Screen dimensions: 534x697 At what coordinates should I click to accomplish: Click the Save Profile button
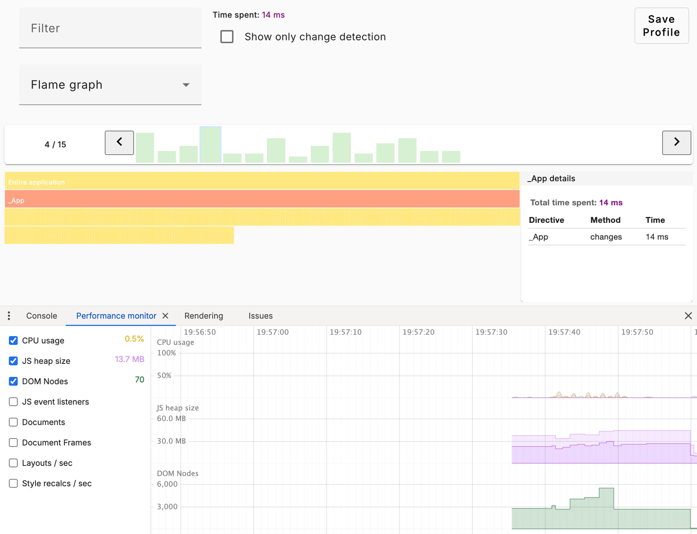[x=661, y=26]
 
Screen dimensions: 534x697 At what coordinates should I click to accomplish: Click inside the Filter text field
[x=110, y=28]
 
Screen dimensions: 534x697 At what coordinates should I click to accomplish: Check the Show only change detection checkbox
[x=227, y=37]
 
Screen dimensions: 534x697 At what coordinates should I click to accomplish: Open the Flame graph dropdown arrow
[x=186, y=85]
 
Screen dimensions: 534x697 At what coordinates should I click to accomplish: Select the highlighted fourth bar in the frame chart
[x=210, y=145]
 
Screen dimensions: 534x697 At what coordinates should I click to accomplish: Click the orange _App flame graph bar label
[x=16, y=200]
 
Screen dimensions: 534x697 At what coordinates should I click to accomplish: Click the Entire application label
[x=37, y=182]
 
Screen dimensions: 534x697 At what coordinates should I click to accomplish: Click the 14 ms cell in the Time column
[x=657, y=237]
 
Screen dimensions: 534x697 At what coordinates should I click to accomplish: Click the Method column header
[x=605, y=220]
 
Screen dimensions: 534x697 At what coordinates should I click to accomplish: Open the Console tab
[x=41, y=316]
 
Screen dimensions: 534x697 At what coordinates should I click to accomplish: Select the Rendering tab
[x=204, y=316]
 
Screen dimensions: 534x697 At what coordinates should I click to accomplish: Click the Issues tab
[x=260, y=316]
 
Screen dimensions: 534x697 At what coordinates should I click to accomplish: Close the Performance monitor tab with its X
[x=166, y=316]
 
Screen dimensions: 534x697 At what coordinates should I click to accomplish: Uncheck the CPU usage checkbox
[x=13, y=341]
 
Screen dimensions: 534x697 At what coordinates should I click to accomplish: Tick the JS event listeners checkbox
[x=13, y=402]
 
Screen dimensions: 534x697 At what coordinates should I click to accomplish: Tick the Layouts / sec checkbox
[x=13, y=463]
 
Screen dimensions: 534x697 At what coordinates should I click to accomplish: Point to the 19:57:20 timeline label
[x=418, y=332]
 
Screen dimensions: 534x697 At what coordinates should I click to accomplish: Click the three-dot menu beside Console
[x=9, y=316]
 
